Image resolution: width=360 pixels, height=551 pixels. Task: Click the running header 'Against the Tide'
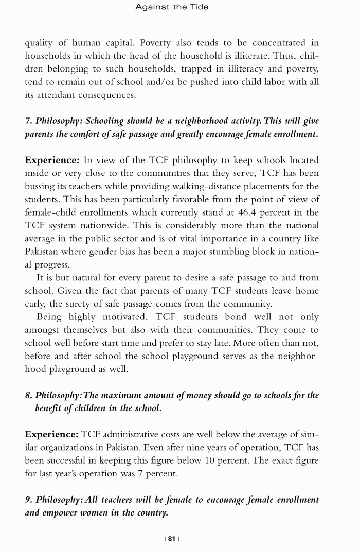click(x=172, y=7)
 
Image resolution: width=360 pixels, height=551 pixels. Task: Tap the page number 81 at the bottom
click(x=172, y=538)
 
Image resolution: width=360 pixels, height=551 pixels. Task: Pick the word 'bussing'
click(x=40, y=186)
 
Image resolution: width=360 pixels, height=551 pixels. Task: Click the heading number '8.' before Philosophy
click(x=29, y=395)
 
